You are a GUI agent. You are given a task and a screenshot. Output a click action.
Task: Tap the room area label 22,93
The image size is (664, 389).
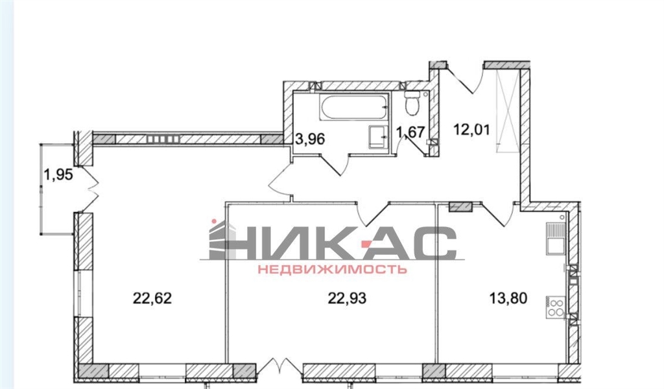pyautogui.click(x=347, y=298)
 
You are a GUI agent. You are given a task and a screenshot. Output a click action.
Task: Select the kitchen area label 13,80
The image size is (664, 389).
pyautogui.click(x=508, y=298)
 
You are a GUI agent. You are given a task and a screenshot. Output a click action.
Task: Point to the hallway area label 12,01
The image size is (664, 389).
pyautogui.click(x=472, y=129)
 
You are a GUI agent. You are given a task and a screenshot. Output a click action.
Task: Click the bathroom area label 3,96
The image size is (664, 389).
pyautogui.click(x=309, y=139)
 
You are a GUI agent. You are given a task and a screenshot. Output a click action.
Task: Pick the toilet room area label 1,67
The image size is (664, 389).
pyautogui.click(x=410, y=132)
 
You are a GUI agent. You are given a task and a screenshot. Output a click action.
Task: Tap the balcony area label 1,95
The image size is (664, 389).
pyautogui.click(x=59, y=174)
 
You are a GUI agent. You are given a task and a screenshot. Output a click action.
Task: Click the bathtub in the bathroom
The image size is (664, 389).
pyautogui.click(x=355, y=108)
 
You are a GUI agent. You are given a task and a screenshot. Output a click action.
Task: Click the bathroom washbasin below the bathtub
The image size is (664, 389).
pyautogui.click(x=378, y=137)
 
